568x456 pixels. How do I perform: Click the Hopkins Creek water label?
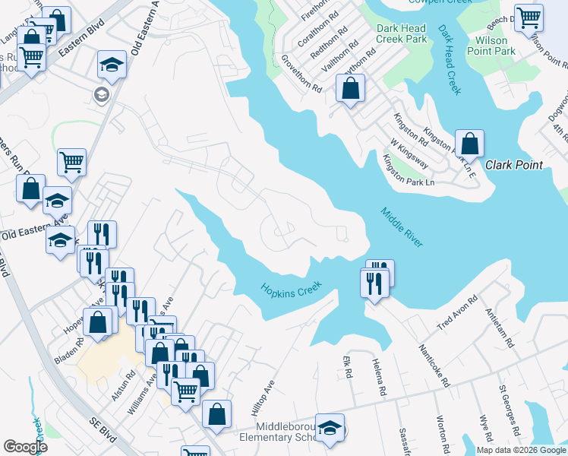[x=292, y=289]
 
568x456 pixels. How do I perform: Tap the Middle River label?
[x=401, y=226]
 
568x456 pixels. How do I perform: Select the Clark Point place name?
[x=514, y=165]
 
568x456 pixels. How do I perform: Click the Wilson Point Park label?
[x=495, y=46]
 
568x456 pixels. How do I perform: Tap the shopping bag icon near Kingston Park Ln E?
[x=470, y=144]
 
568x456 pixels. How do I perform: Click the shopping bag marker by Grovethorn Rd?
[x=349, y=90]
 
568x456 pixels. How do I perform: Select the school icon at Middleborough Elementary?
[x=330, y=428]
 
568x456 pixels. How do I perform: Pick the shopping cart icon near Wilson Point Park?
[x=529, y=19]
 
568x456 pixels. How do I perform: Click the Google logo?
[x=25, y=446]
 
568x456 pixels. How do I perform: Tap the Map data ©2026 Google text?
[x=521, y=450]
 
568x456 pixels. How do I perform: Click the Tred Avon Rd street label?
[x=457, y=314]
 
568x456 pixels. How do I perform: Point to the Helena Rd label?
[x=379, y=378]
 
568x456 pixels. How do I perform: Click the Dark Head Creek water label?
[x=449, y=60]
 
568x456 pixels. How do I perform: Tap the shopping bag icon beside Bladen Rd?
[x=99, y=322]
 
